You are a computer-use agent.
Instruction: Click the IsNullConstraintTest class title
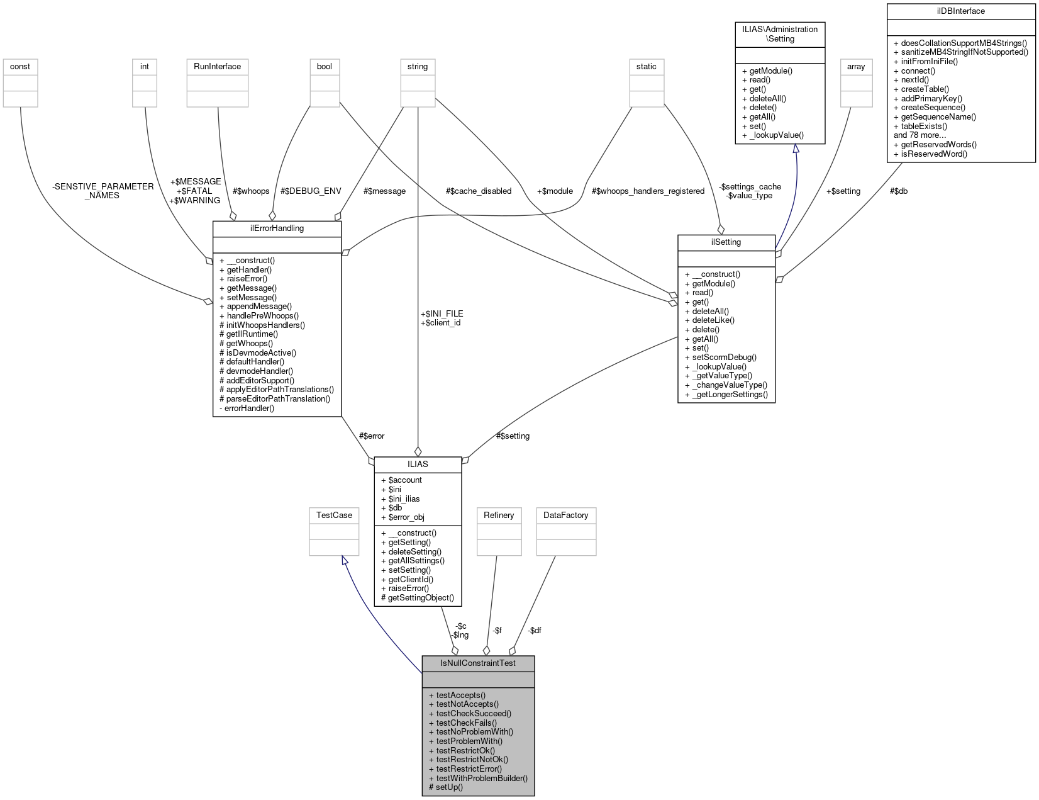478,663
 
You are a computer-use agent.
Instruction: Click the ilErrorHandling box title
277,228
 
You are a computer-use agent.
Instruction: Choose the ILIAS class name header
418,464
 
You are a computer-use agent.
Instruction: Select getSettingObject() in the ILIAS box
417,597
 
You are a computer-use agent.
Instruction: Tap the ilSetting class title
726,242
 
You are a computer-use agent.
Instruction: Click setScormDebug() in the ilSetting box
720,357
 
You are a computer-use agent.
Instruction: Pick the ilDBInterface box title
960,11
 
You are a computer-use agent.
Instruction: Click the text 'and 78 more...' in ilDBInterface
920,135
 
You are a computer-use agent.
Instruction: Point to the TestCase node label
334,515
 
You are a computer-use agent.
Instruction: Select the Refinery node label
499,515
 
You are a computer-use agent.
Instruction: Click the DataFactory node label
565,515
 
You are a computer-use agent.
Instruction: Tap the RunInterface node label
217,66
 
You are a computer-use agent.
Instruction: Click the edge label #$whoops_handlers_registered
648,191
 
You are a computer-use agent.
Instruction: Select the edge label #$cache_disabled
478,191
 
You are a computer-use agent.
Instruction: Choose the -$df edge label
535,630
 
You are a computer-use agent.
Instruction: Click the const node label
20,66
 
